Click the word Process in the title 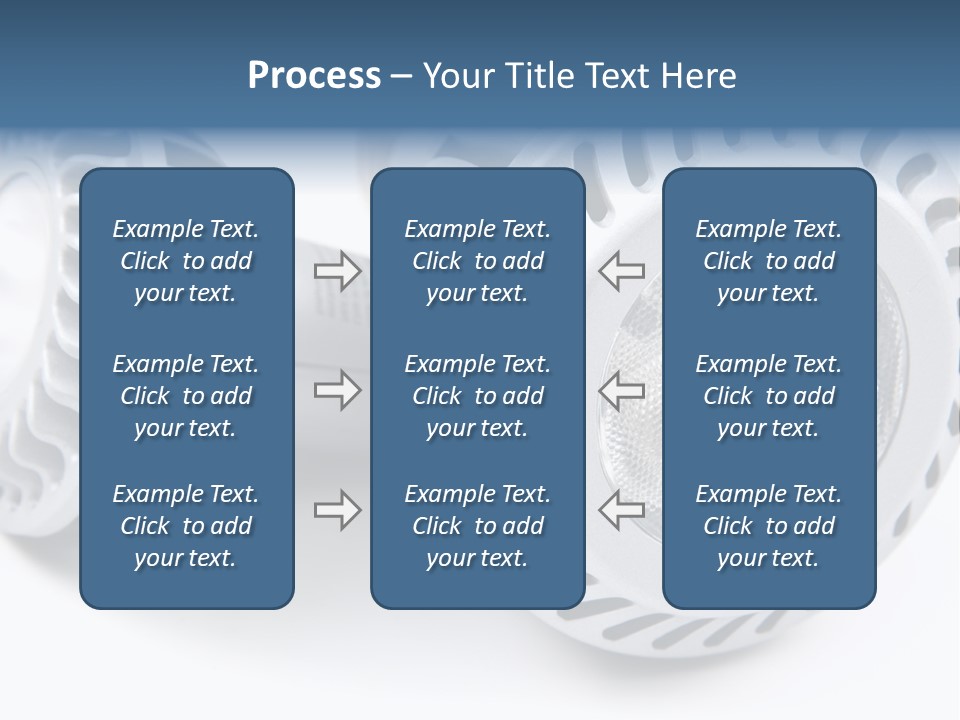314,76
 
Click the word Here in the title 697,76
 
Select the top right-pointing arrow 337,271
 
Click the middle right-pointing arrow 337,389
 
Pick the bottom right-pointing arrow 337,510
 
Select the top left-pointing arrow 622,271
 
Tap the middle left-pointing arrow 622,389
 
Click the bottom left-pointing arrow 622,510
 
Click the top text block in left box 186,261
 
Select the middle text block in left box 186,396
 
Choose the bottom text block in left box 186,526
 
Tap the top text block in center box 478,261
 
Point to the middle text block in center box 478,396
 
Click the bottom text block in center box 478,526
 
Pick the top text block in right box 769,261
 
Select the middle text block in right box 769,396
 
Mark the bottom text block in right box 769,526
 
